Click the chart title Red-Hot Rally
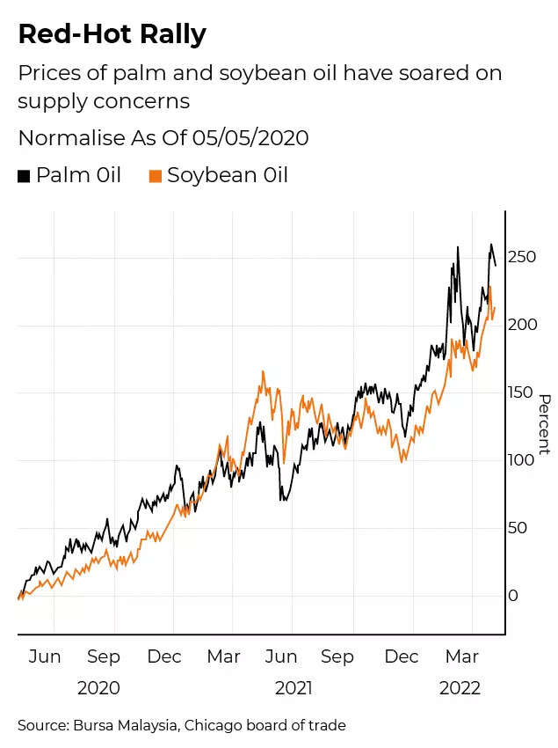click(112, 35)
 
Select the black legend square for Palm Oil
click(24, 176)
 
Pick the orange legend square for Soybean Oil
click(156, 176)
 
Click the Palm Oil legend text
click(78, 175)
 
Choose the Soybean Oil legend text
click(228, 175)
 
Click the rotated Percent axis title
click(544, 424)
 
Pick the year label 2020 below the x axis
click(98, 687)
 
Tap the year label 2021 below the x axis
click(293, 687)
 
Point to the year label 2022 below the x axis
click(460, 687)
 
